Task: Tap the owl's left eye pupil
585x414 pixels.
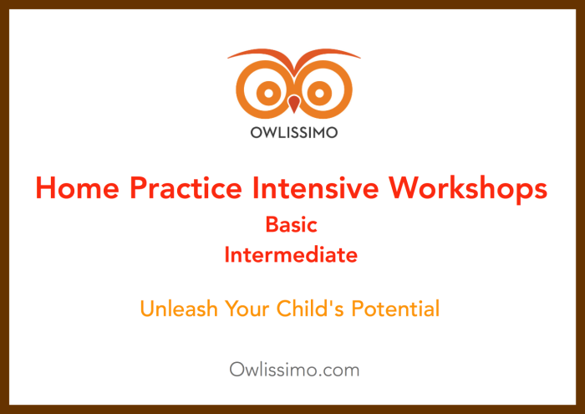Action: coord(268,93)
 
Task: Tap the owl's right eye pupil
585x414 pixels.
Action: coord(319,93)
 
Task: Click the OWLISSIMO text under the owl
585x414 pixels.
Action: coord(294,132)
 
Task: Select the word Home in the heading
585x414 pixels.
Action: coord(78,188)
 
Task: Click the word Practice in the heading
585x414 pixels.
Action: coord(186,188)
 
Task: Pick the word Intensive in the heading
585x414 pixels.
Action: coord(315,188)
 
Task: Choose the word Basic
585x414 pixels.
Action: coord(292,225)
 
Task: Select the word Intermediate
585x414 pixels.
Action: coord(291,255)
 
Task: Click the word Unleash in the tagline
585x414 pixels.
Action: coord(179,309)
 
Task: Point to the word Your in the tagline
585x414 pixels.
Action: coord(247,309)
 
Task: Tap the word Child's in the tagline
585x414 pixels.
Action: coord(310,309)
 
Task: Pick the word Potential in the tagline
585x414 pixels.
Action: coord(395,309)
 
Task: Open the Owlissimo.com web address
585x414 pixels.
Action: coord(294,370)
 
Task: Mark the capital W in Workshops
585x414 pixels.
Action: coord(405,188)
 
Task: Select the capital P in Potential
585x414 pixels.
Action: coord(359,309)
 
